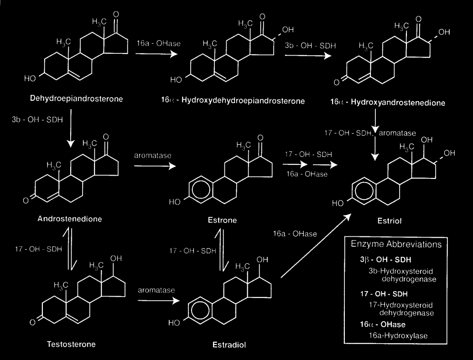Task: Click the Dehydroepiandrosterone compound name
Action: click(x=76, y=98)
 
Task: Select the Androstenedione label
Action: click(x=70, y=219)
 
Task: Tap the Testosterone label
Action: click(x=72, y=344)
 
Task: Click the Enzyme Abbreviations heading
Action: click(x=396, y=244)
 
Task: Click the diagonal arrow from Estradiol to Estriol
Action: click(x=315, y=246)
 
